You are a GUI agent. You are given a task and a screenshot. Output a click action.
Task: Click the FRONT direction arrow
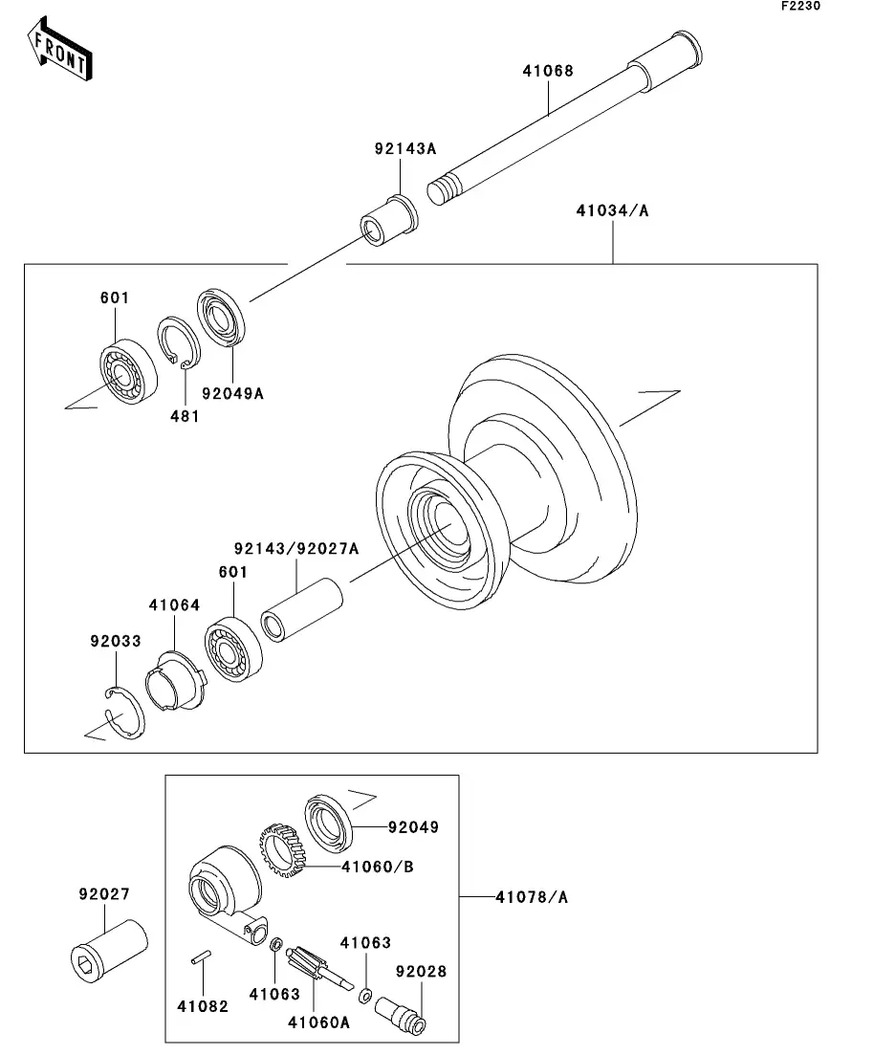coord(60,49)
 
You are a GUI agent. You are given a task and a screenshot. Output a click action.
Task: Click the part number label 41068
coord(548,71)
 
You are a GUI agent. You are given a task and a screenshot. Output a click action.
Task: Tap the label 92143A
coord(405,148)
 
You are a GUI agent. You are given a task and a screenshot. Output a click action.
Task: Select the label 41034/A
coord(612,210)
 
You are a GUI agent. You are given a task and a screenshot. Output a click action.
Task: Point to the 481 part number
coord(185,416)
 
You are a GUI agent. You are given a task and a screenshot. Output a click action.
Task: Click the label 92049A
coord(232,394)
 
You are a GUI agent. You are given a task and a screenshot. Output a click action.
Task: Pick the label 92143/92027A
coord(296,549)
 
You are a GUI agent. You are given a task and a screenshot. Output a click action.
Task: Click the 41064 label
coord(174,605)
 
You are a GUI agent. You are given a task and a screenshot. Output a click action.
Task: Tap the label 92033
coord(116,641)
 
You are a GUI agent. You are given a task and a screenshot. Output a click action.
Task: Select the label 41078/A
coord(532,897)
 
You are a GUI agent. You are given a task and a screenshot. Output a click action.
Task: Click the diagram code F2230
coord(800,6)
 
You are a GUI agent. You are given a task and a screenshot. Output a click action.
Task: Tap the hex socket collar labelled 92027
coord(109,952)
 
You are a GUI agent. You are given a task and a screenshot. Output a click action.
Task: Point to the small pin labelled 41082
coord(201,956)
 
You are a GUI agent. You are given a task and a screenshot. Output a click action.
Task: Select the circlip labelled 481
coord(179,343)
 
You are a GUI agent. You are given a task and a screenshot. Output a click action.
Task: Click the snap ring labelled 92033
coord(124,713)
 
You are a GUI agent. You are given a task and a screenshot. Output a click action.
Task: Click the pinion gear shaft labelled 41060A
coord(319,970)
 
